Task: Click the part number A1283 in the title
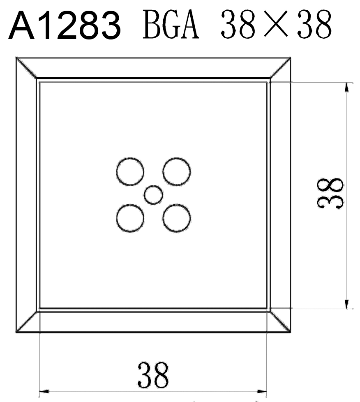coord(65,25)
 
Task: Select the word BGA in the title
coord(171,24)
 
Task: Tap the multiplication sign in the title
coord(276,24)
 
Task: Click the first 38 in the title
coord(238,24)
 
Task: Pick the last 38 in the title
coord(314,24)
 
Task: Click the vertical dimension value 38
coord(330,194)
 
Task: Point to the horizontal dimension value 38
coord(153,375)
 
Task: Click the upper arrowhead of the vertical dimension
coord(347,87)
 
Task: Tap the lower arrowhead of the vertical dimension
coord(347,304)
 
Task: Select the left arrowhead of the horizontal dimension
coord(44,391)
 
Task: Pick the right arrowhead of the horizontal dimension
coord(262,391)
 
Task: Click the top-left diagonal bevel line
coord(26,68)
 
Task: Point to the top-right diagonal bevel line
coord(280,68)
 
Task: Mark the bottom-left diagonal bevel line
coord(26,322)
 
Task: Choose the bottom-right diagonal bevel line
coord(280,322)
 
